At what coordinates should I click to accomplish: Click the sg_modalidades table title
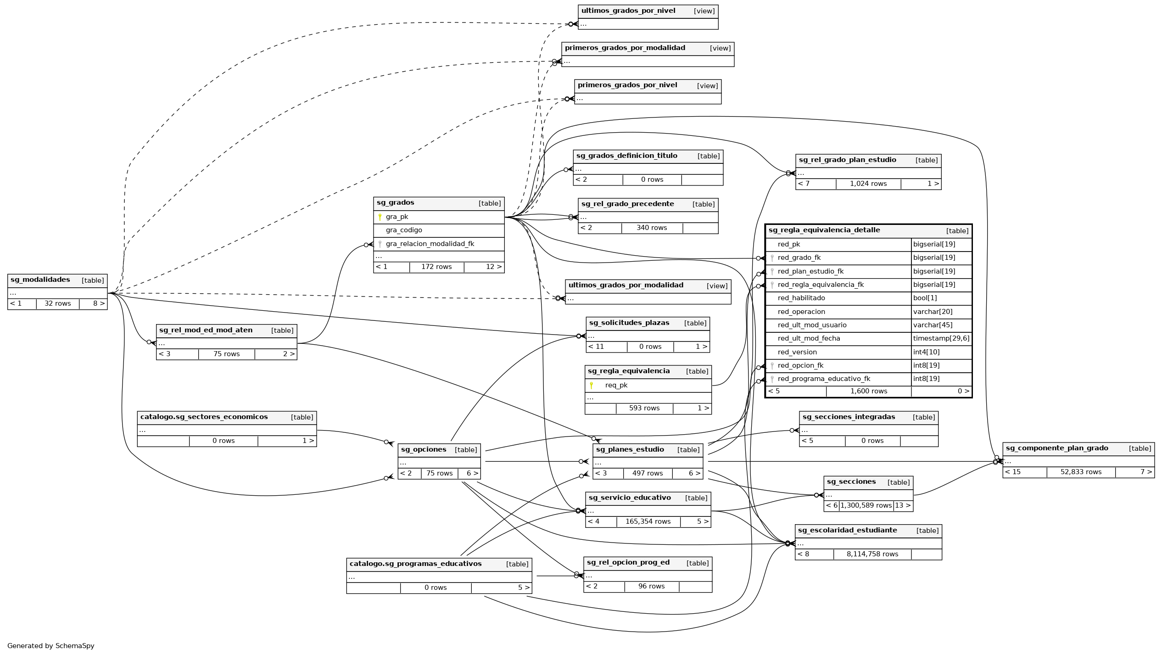pyautogui.click(x=40, y=280)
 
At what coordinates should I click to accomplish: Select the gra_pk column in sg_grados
pyautogui.click(x=397, y=217)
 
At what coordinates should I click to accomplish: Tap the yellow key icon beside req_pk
pyautogui.click(x=592, y=386)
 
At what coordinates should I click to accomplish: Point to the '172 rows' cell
pyautogui.click(x=436, y=267)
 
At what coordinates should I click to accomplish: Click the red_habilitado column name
pyautogui.click(x=801, y=298)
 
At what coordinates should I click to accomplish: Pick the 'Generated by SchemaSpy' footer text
pyautogui.click(x=51, y=646)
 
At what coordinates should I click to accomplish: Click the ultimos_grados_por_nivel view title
pyautogui.click(x=628, y=11)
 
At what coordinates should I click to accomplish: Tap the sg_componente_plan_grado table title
pyautogui.click(x=1057, y=448)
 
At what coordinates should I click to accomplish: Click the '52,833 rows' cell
pyautogui.click(x=1081, y=472)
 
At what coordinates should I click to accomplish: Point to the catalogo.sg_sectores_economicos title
pyautogui.click(x=204, y=417)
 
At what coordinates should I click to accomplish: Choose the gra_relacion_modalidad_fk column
pyautogui.click(x=430, y=244)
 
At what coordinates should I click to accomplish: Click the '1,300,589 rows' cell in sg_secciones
pyautogui.click(x=866, y=506)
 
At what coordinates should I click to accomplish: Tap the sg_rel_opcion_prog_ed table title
pyautogui.click(x=628, y=563)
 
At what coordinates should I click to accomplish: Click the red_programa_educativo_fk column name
pyautogui.click(x=824, y=379)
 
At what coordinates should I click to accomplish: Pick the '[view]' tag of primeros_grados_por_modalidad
pyautogui.click(x=720, y=48)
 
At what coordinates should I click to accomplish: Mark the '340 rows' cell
pyautogui.click(x=652, y=228)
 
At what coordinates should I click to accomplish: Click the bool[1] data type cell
pyautogui.click(x=925, y=298)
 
